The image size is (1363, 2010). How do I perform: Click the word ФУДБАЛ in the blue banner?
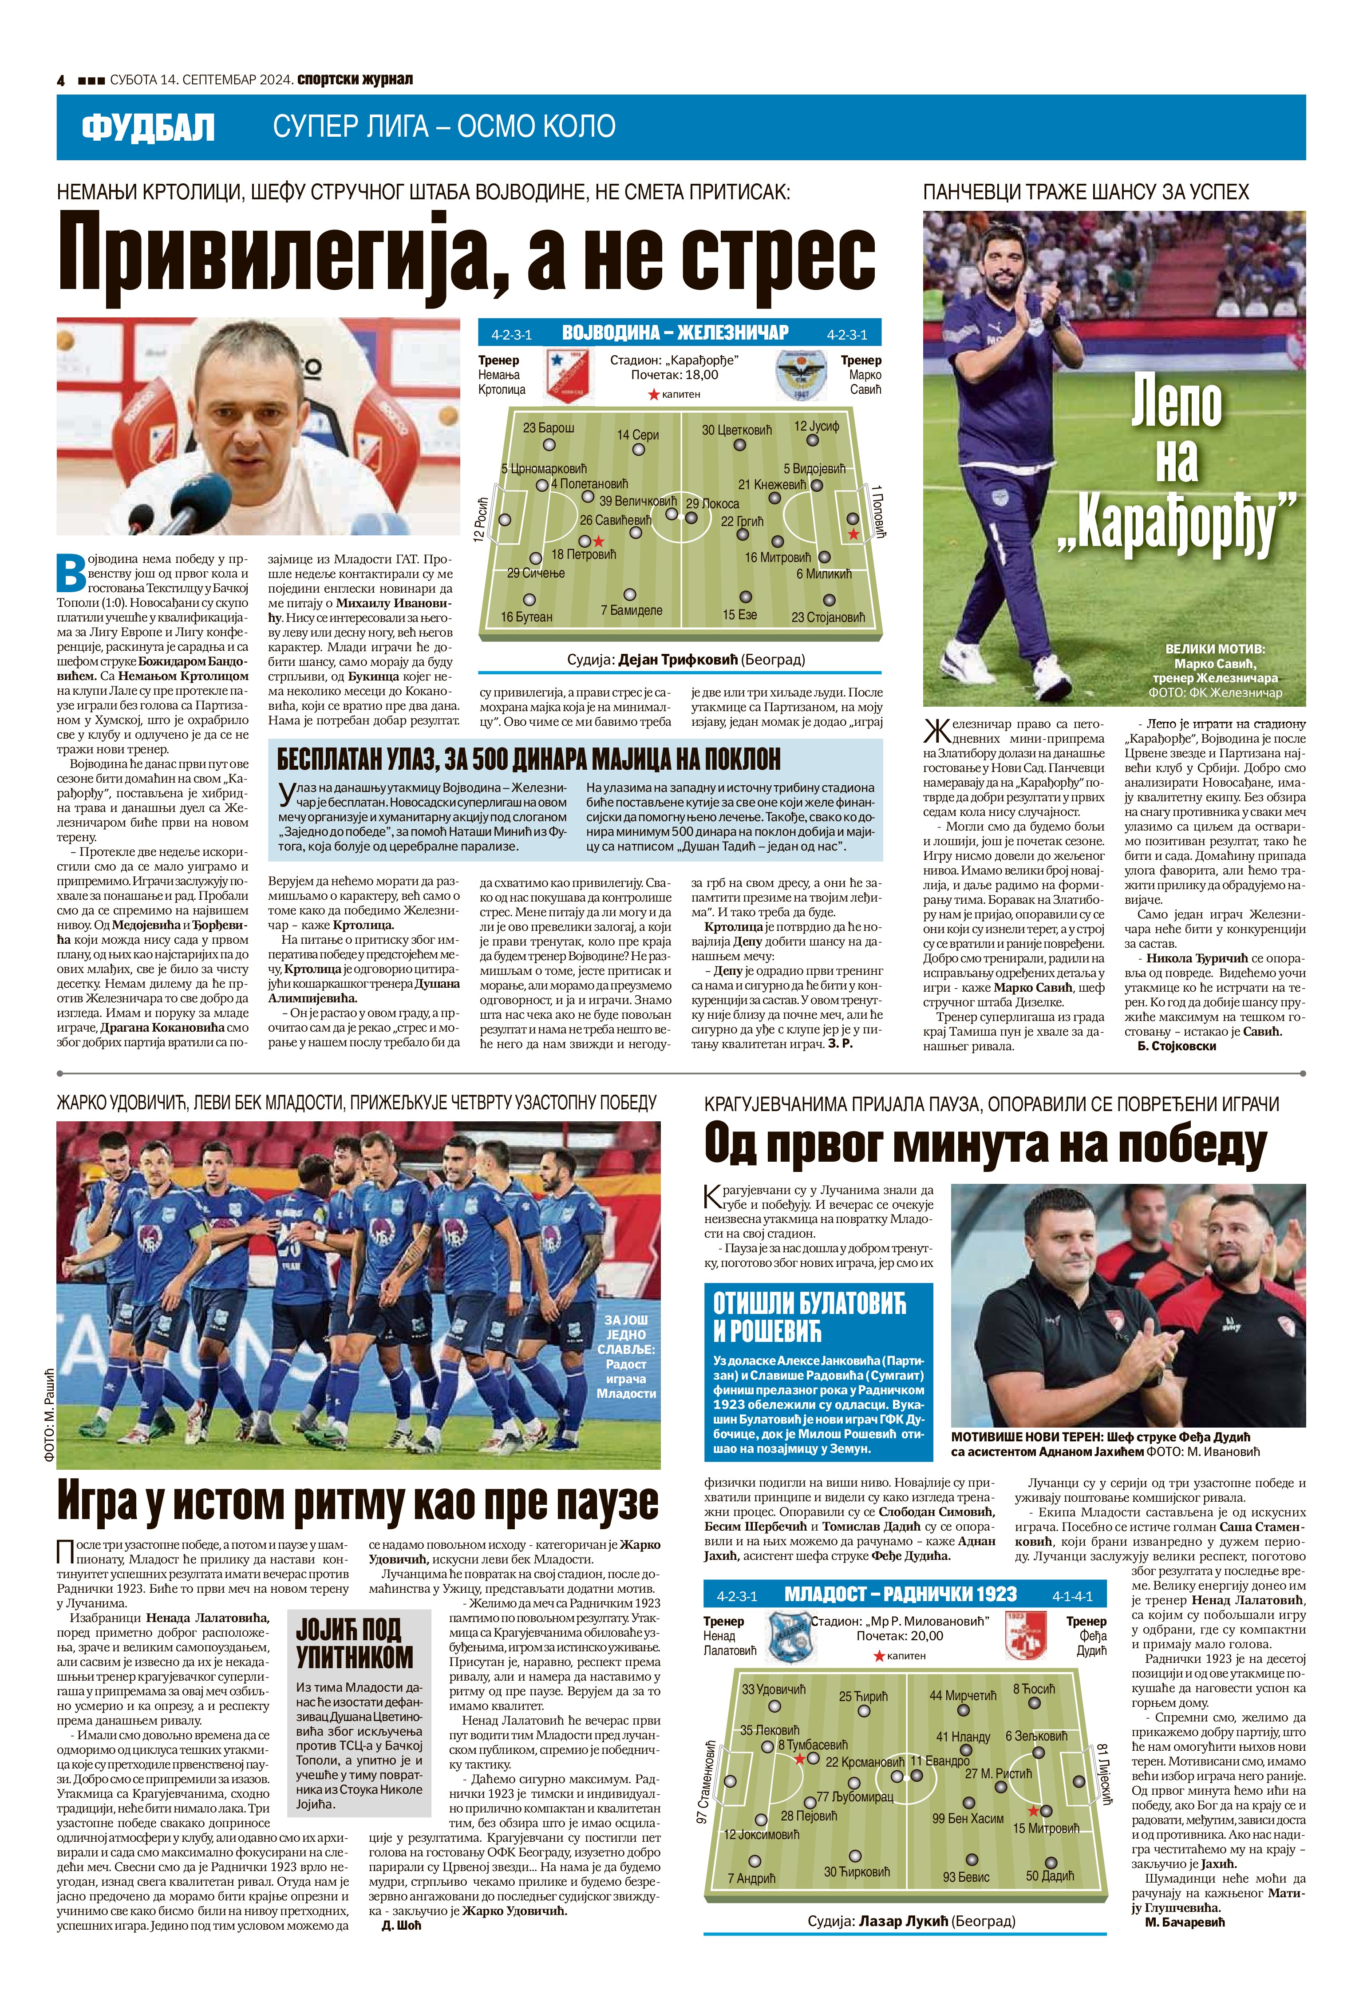tap(148, 128)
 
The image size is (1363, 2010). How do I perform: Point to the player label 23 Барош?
tap(548, 427)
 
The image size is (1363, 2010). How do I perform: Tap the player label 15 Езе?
tap(739, 614)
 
